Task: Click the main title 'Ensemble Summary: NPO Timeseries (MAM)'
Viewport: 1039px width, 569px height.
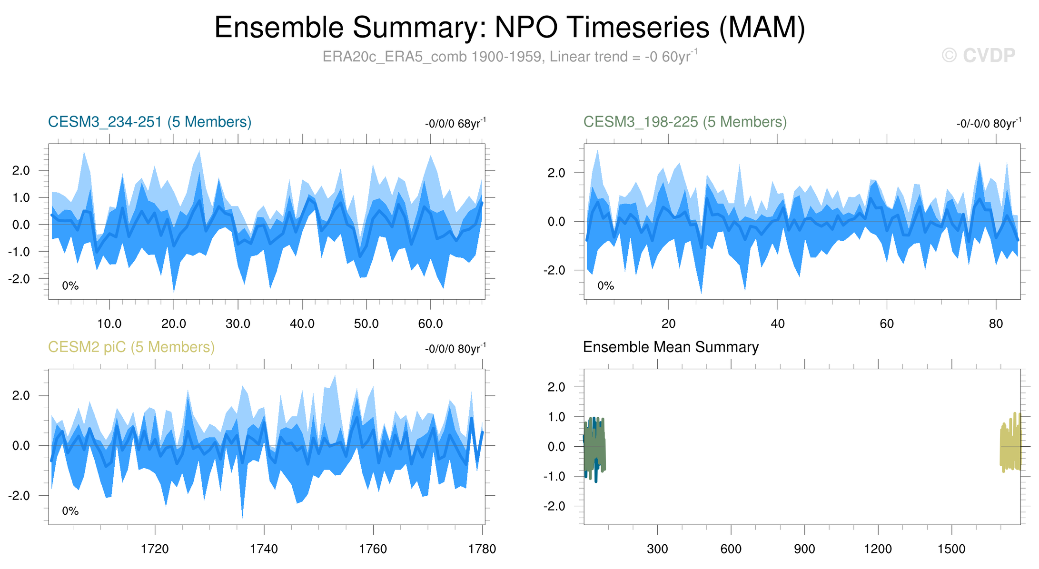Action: [x=509, y=28]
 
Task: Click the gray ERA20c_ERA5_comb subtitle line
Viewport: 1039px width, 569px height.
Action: [x=509, y=57]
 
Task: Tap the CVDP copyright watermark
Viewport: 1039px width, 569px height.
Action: [x=978, y=56]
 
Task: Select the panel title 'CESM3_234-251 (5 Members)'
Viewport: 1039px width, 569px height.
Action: [x=149, y=122]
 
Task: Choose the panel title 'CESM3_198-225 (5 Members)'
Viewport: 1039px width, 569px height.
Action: [x=685, y=122]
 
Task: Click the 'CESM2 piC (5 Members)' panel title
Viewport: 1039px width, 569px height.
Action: [x=131, y=347]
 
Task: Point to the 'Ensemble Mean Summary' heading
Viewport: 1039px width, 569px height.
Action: [x=671, y=347]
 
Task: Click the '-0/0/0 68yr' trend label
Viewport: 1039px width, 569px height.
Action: [x=455, y=124]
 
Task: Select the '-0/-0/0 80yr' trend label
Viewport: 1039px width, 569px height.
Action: [x=988, y=124]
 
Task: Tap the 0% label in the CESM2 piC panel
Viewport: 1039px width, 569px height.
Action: [x=70, y=511]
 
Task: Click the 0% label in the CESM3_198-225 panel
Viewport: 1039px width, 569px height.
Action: [x=605, y=286]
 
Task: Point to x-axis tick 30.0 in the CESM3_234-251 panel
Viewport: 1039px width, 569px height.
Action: [x=238, y=324]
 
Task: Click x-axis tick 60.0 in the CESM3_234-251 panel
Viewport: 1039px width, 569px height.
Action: [x=431, y=324]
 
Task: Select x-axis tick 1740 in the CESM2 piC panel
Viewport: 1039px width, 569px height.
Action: [x=264, y=549]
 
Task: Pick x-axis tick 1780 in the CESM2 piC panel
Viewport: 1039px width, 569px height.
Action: [x=483, y=549]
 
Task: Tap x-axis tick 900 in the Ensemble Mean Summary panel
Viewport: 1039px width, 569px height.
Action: [x=804, y=549]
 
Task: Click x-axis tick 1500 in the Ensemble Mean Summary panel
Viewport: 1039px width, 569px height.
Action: [x=951, y=549]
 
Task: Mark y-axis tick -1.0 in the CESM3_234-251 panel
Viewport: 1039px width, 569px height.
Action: [x=19, y=252]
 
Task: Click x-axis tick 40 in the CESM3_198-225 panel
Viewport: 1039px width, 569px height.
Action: [x=778, y=324]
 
